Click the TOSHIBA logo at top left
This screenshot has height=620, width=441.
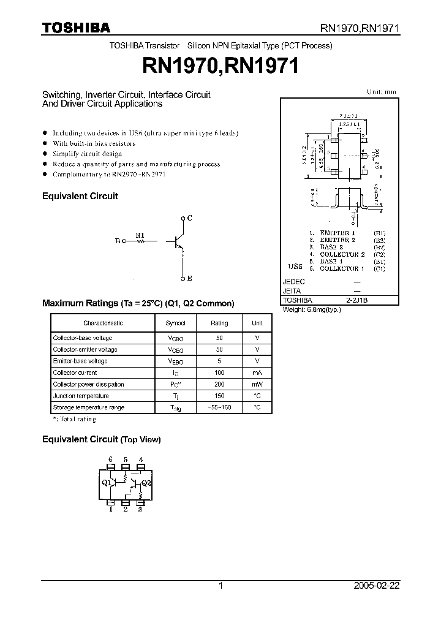pyautogui.click(x=76, y=28)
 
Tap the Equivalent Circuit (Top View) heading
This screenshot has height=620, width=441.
pyautogui.click(x=101, y=439)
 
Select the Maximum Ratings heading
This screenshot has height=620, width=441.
pyautogui.click(x=138, y=303)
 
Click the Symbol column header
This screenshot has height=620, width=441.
pyautogui.click(x=176, y=323)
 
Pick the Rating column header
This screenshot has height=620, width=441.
pyautogui.click(x=219, y=323)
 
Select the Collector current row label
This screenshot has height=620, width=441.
pyautogui.click(x=75, y=372)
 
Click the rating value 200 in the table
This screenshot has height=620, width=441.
pyautogui.click(x=219, y=384)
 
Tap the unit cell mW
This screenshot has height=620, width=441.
pyautogui.click(x=257, y=384)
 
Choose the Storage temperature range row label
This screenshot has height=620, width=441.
pyautogui.click(x=88, y=407)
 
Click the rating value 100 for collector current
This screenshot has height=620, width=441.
pyautogui.click(x=219, y=372)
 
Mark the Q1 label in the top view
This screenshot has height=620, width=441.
pyautogui.click(x=106, y=482)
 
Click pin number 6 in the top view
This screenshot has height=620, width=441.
pyautogui.click(x=110, y=459)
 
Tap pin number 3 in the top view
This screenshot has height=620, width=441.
pyautogui.click(x=140, y=508)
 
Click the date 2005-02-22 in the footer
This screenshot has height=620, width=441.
pyautogui.click(x=377, y=586)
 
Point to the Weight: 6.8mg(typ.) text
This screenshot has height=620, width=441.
pyautogui.click(x=312, y=309)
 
